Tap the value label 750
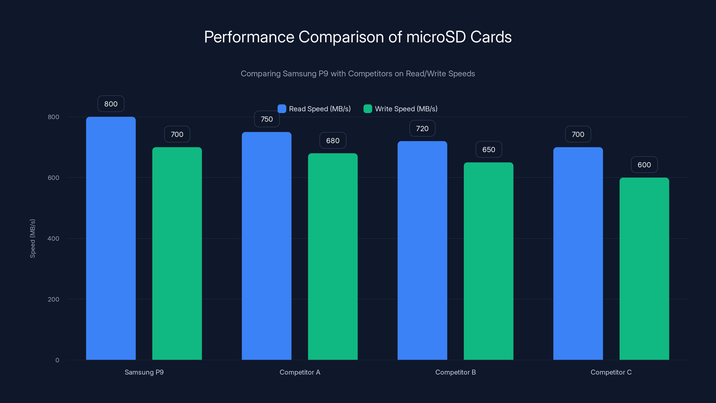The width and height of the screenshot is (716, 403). point(266,119)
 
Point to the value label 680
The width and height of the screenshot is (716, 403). point(333,140)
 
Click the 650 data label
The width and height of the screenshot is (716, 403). point(488,150)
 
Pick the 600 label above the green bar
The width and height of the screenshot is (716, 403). point(644,165)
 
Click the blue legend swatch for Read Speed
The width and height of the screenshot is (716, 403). point(281,109)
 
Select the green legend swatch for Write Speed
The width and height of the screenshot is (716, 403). point(367,109)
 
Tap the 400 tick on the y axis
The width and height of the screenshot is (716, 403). point(53,238)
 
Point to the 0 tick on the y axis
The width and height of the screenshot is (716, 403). point(57,360)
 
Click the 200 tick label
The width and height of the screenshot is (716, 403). point(53,299)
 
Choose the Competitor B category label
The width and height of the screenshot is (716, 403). point(455,372)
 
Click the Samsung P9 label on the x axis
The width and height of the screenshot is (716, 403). point(144,372)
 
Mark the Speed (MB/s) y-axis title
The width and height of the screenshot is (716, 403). point(32,238)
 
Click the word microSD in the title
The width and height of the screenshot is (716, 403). point(436,37)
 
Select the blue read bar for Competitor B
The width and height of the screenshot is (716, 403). point(422,250)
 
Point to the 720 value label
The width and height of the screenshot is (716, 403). point(422,129)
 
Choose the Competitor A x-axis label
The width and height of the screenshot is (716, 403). point(300,372)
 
